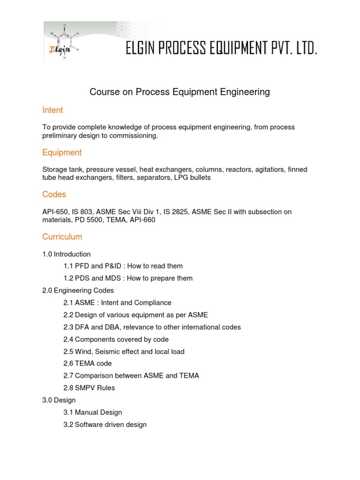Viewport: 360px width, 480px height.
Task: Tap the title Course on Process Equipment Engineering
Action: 180,92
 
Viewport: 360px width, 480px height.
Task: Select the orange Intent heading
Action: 52,110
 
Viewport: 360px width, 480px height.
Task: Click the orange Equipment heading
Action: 62,152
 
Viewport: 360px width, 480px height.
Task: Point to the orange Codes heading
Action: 54,194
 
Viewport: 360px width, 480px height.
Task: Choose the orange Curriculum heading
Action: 62,237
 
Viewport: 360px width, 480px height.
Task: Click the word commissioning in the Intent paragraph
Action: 136,135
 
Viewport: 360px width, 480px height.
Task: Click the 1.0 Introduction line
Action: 67,254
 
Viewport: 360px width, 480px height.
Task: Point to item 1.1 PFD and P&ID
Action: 123,266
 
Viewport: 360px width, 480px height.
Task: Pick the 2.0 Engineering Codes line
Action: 78,291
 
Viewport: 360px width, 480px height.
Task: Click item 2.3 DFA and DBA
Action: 152,327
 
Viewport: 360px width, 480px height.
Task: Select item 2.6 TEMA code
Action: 88,363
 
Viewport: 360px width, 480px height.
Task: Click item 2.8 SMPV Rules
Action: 89,388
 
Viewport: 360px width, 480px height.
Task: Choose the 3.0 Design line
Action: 59,400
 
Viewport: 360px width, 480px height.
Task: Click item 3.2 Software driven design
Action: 105,425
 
